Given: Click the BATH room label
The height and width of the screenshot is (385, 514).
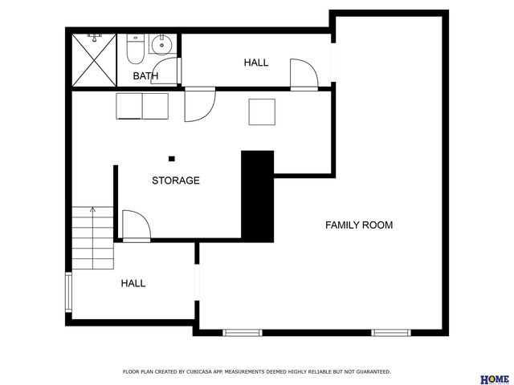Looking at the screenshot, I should (145, 76).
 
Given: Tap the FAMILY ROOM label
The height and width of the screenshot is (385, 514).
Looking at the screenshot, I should (358, 225).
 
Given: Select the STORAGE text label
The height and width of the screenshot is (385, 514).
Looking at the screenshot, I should (176, 180).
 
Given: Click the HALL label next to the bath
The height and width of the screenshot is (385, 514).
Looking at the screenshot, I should (256, 63).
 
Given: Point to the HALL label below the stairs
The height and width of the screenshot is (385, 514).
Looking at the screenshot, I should (133, 283).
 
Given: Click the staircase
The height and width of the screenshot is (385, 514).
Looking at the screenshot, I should (92, 237).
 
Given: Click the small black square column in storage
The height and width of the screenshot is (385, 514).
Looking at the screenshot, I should (171, 157).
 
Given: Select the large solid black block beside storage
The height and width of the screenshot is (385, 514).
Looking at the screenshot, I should (258, 195).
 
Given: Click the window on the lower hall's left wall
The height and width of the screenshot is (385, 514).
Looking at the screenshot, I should (68, 292).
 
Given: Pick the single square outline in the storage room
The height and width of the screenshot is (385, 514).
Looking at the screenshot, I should (263, 111).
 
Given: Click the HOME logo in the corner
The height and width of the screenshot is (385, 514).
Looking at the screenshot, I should (494, 379).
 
